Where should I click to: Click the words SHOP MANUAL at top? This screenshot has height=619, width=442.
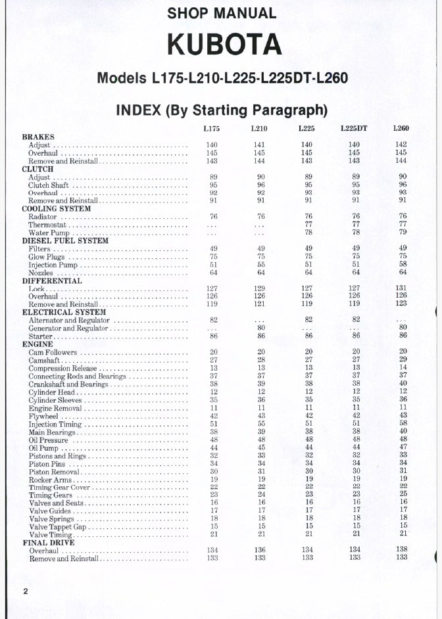[x=222, y=12]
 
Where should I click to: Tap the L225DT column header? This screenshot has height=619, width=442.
[x=354, y=128]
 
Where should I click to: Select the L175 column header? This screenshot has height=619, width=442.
[x=212, y=128]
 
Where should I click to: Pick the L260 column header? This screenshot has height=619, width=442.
[x=401, y=128]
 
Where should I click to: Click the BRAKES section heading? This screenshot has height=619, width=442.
[x=38, y=137]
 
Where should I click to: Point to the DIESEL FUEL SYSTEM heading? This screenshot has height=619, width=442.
[x=62, y=241]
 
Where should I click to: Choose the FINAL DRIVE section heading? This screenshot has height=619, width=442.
[x=48, y=543]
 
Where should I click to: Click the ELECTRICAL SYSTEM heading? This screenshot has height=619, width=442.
[x=64, y=312]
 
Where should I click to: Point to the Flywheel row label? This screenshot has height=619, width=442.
[x=43, y=416]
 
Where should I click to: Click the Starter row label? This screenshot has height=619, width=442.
[x=40, y=336]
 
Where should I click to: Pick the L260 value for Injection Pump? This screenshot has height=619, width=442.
[x=403, y=265]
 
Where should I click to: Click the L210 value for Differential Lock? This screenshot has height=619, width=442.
[x=260, y=288]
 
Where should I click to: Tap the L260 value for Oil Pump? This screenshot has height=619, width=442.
[x=403, y=447]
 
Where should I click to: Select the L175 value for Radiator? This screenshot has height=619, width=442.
[x=214, y=217]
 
